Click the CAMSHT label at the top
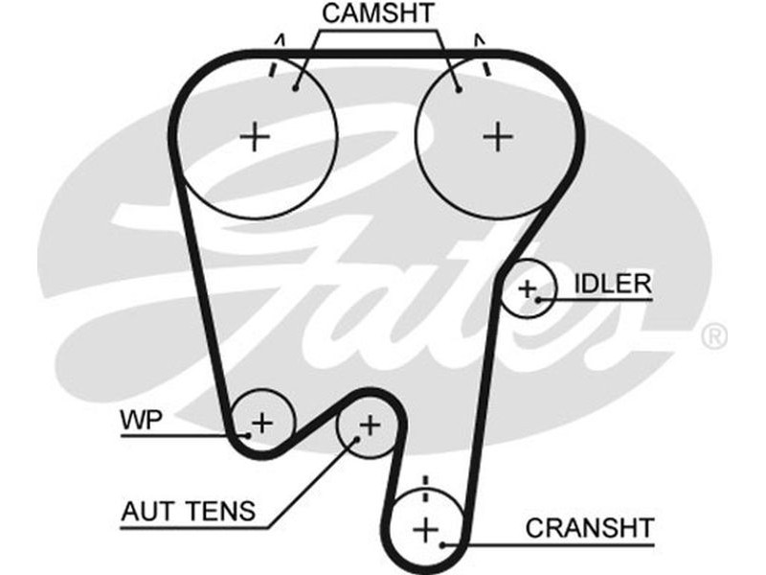[x=378, y=13]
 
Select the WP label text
[x=142, y=420]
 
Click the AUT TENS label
[x=189, y=511]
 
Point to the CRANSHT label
[x=589, y=527]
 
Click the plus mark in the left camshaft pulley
[x=256, y=137]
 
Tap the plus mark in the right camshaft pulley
[x=498, y=137]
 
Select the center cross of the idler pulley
[x=527, y=287]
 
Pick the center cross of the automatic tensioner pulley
[x=371, y=424]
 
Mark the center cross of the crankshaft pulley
[x=425, y=528]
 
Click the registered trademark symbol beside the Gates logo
[x=714, y=336]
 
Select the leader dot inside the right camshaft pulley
[x=459, y=90]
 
